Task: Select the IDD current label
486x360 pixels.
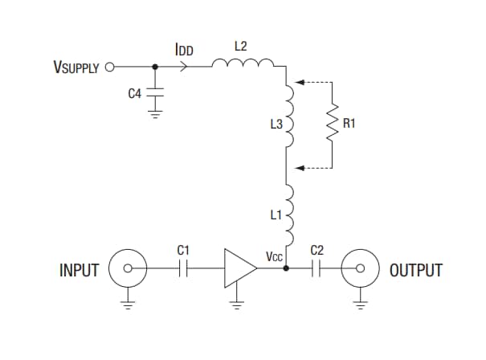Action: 184,50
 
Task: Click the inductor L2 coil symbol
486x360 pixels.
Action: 243,64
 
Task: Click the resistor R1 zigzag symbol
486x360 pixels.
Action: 332,125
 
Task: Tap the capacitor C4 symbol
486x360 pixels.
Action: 154,93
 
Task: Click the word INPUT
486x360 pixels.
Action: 79,271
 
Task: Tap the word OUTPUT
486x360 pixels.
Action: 415,271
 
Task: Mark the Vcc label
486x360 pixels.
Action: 274,257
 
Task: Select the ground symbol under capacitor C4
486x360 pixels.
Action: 154,112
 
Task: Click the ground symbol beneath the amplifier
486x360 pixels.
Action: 236,303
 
